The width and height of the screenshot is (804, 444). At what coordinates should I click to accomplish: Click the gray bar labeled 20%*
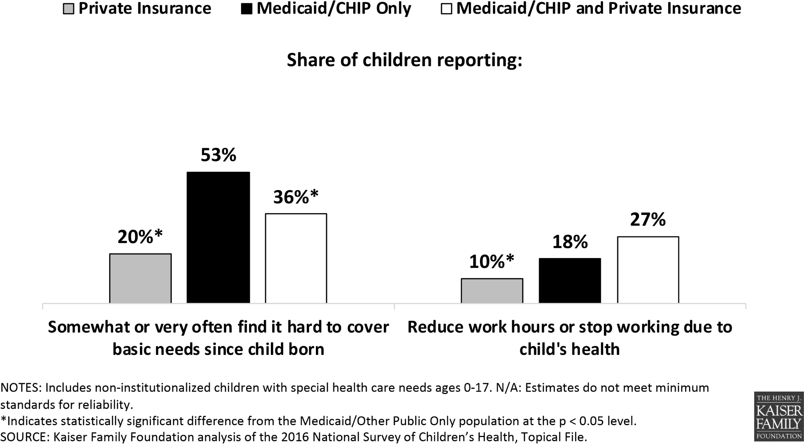coord(140,278)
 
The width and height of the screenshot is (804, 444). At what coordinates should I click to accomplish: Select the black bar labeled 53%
coord(218,238)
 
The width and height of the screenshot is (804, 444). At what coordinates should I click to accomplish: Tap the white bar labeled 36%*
coord(296,258)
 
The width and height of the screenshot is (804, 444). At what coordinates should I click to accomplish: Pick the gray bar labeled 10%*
coord(492,291)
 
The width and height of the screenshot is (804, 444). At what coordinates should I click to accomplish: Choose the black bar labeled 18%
coord(570,280)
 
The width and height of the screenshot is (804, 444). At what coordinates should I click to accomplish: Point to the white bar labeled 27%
coord(648,270)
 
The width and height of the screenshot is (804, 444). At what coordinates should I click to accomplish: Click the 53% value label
coord(218,155)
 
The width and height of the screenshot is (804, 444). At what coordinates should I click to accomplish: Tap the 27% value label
coord(648,220)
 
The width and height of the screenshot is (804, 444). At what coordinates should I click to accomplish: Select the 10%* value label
coord(492,262)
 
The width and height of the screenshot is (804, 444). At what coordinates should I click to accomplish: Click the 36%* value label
coord(296,197)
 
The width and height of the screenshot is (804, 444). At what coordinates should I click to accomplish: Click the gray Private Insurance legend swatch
coord(69,9)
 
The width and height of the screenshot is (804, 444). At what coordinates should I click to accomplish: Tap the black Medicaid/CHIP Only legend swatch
coord(247,9)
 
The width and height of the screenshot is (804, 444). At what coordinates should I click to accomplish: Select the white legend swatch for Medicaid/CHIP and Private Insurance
coord(446,9)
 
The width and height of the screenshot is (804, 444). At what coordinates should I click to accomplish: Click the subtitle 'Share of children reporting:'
coord(404,60)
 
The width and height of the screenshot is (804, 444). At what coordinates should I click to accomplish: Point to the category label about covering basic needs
coord(218,338)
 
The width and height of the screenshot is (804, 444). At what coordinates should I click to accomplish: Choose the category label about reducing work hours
coord(570,338)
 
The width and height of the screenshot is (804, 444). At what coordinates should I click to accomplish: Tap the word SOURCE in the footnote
coord(22,437)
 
